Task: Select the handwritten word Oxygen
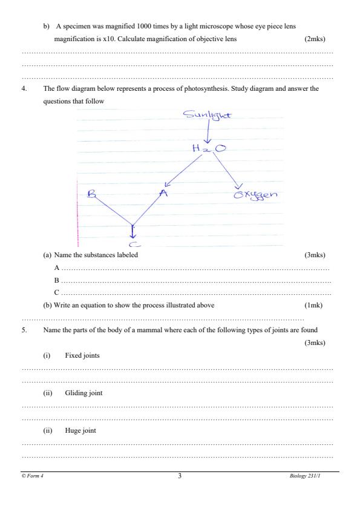255,195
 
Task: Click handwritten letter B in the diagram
92,195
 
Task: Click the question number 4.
24,88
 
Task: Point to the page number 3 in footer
180,476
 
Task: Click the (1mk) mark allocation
314,305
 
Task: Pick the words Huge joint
80,430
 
